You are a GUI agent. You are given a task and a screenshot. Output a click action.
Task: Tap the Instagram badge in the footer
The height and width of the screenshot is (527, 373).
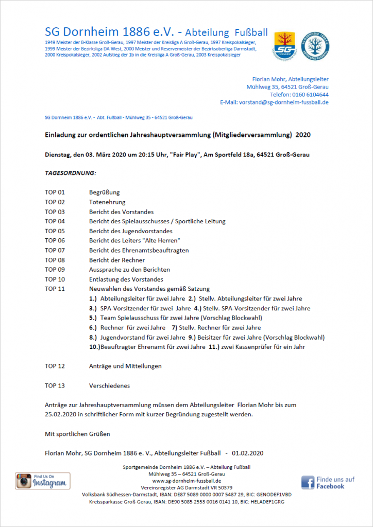click(x=42, y=481)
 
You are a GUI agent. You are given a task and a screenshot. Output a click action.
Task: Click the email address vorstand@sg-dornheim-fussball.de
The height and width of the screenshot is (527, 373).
click(x=284, y=102)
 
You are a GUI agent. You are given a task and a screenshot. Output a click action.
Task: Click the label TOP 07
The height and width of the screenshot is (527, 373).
click(x=55, y=250)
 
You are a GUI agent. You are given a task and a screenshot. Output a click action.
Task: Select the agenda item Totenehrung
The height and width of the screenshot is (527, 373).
click(x=107, y=202)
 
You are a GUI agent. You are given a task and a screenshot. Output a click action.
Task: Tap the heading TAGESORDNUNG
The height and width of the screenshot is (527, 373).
click(x=71, y=173)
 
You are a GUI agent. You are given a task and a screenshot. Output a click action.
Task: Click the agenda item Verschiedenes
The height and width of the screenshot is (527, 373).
click(x=109, y=385)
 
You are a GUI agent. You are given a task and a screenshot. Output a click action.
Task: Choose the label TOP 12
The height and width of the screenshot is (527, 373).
click(x=55, y=366)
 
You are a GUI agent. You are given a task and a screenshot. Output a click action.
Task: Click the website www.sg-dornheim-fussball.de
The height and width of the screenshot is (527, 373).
click(x=186, y=481)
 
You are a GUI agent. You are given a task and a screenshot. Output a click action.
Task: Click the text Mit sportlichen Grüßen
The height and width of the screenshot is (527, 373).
click(x=77, y=434)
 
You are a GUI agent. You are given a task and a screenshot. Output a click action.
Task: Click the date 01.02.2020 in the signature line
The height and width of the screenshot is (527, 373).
click(x=248, y=453)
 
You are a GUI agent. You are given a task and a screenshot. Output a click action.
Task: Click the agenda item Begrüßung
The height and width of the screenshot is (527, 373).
click(x=104, y=192)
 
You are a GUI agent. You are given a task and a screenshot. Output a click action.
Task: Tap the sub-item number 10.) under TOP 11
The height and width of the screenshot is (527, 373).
click(x=94, y=347)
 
